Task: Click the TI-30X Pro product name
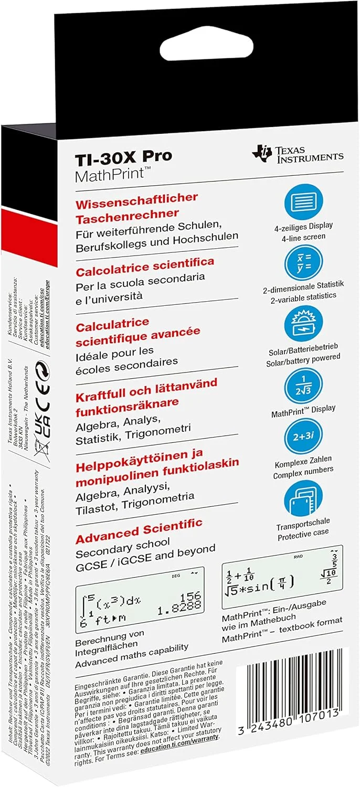click(124, 156)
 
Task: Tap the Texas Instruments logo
click(297, 153)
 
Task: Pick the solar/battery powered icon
click(303, 324)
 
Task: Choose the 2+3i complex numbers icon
click(303, 438)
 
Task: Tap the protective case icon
click(303, 499)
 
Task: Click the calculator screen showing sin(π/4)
click(282, 577)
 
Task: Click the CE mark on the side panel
click(44, 387)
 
